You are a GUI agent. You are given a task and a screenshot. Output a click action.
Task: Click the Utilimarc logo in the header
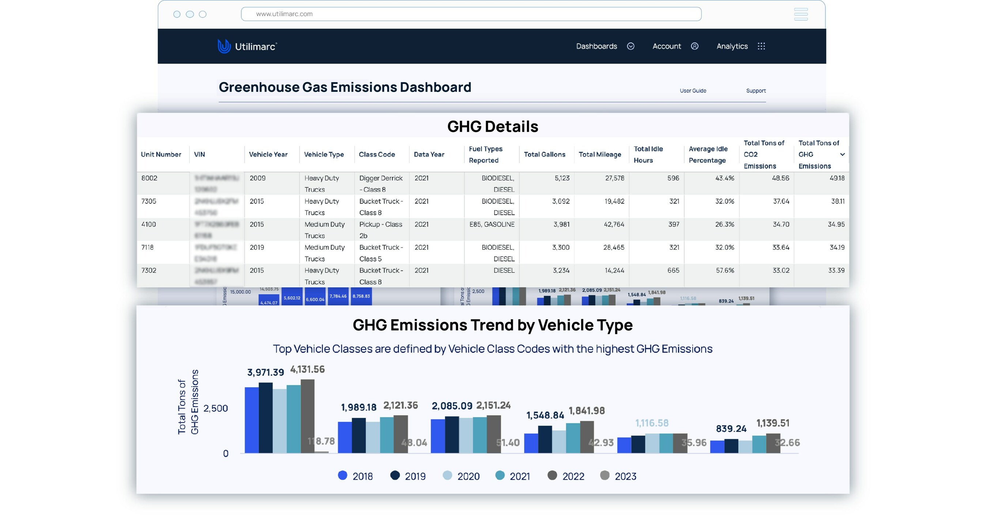click(x=247, y=46)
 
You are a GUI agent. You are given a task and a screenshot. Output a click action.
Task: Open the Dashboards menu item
click(x=596, y=46)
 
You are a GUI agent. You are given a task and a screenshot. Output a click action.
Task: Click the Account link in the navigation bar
click(x=667, y=46)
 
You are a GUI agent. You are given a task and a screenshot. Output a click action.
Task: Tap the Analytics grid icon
click(x=761, y=46)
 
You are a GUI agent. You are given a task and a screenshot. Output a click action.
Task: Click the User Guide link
click(x=693, y=91)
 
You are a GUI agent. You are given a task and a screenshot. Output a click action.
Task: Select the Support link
click(x=756, y=91)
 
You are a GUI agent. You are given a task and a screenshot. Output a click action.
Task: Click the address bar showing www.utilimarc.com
click(x=471, y=14)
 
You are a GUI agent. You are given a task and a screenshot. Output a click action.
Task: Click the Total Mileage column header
click(x=600, y=155)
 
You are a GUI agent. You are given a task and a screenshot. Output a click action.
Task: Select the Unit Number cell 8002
click(x=150, y=178)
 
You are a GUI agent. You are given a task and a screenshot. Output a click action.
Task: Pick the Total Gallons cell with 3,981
click(x=561, y=224)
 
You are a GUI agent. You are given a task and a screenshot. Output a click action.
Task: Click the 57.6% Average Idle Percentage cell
click(x=724, y=270)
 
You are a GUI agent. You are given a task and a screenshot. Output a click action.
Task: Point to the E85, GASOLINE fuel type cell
click(x=492, y=224)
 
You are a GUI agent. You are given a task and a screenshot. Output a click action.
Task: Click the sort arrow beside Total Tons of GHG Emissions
click(x=843, y=155)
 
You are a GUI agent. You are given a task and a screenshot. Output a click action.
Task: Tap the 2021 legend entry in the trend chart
click(x=513, y=476)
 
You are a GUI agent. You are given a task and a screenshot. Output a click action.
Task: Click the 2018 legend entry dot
click(x=343, y=476)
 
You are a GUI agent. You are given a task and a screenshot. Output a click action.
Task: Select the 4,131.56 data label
click(x=307, y=370)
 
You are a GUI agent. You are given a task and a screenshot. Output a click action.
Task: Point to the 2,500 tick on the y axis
click(x=215, y=408)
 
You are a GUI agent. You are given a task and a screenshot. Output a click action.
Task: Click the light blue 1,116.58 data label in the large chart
click(x=652, y=423)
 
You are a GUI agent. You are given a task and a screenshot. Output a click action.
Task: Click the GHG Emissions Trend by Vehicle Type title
click(x=493, y=325)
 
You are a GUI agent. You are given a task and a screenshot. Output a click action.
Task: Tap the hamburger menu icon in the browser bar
click(x=800, y=14)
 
